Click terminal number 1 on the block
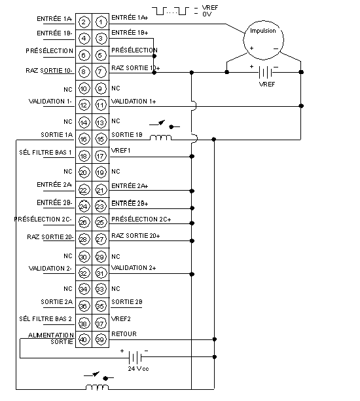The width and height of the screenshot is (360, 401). click(x=101, y=22)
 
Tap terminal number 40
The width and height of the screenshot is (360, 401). click(x=84, y=339)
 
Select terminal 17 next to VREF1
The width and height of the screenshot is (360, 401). click(x=100, y=156)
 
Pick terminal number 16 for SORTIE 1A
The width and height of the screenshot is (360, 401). click(x=84, y=139)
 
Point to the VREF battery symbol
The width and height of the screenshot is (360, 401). click(x=266, y=72)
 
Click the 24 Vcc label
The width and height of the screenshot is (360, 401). click(x=138, y=368)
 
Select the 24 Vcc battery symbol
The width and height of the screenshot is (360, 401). click(x=135, y=357)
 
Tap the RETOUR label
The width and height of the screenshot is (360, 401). click(x=124, y=334)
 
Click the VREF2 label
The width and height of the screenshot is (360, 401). click(x=121, y=318)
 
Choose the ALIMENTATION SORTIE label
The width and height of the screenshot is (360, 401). click(x=51, y=338)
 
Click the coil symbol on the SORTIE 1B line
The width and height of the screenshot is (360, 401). click(x=160, y=138)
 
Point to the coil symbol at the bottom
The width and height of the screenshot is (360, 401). click(x=97, y=387)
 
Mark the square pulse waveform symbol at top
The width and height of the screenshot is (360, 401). click(x=171, y=11)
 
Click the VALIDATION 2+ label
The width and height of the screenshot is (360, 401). click(x=134, y=267)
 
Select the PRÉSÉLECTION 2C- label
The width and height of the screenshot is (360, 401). click(x=43, y=219)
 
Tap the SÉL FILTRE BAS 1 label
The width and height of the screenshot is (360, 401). click(x=45, y=153)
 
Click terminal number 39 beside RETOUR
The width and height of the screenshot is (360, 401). click(x=100, y=339)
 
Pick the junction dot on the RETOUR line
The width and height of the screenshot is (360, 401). click(x=215, y=339)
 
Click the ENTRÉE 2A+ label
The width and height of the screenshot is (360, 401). click(x=130, y=185)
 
